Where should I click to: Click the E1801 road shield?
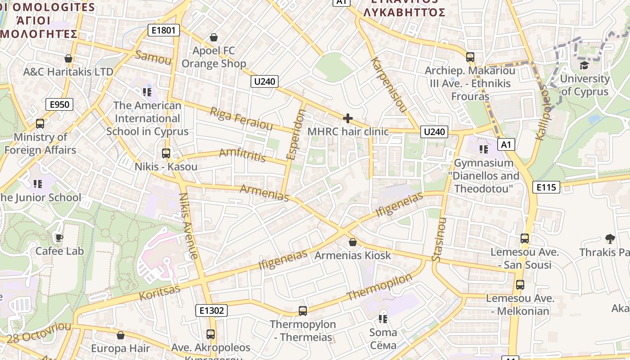(x=164, y=31)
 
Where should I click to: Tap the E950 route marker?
(x=59, y=105)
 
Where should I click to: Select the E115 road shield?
(x=546, y=187)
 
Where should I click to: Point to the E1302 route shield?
(x=211, y=310)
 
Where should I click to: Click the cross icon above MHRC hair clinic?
(x=348, y=118)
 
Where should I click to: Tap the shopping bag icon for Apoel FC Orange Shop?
(x=214, y=37)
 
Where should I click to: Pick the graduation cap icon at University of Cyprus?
(x=584, y=66)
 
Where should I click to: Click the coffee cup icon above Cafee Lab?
(x=59, y=238)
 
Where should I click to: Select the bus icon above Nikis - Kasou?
(x=166, y=153)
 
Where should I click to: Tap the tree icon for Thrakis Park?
(x=610, y=238)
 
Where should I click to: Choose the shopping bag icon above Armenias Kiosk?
(x=353, y=242)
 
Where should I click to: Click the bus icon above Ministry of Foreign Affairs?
(x=40, y=123)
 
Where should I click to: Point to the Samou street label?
(x=153, y=57)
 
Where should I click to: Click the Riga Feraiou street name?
(x=241, y=118)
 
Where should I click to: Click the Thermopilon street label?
(x=379, y=288)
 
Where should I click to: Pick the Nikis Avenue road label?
(x=188, y=225)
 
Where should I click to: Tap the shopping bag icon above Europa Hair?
(x=121, y=335)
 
